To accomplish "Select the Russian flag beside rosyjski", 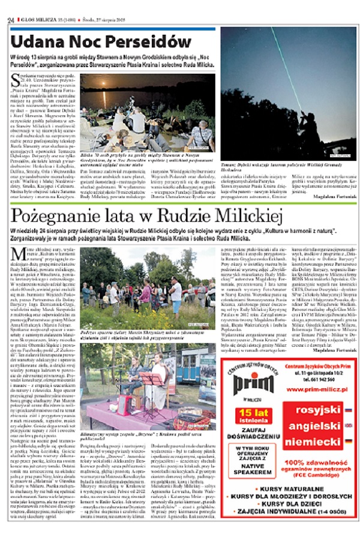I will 348,410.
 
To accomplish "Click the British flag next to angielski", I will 348,425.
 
